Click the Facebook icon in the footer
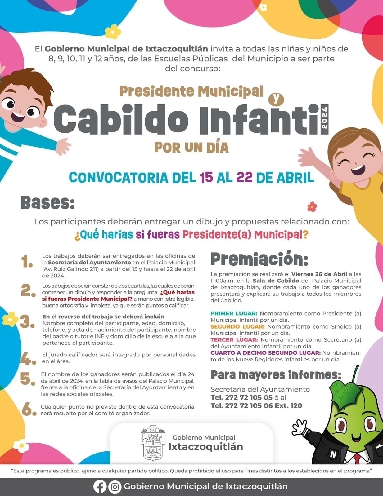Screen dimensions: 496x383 (x=100, y=487)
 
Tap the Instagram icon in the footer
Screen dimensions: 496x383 (x=115, y=487)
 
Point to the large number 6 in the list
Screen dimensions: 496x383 (x=29, y=410)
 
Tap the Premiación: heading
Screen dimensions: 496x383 (x=259, y=259)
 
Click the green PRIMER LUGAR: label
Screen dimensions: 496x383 (x=234, y=313)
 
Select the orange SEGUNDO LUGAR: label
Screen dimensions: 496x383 (x=237, y=326)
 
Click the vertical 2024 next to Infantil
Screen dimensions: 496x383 (x=325, y=118)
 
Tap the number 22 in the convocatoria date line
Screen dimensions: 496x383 (x=244, y=178)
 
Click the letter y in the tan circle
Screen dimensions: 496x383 (x=276, y=99)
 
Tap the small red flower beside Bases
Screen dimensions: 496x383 (x=312, y=206)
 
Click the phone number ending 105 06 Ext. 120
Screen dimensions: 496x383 (x=256, y=406)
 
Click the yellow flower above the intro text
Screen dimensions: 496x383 (x=113, y=31)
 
